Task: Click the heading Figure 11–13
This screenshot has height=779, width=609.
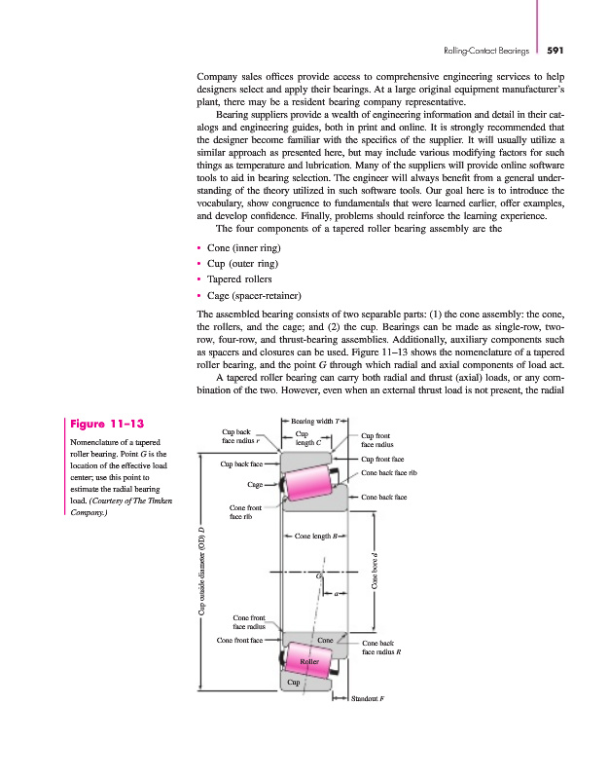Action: point(107,425)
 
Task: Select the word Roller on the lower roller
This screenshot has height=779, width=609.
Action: point(309,661)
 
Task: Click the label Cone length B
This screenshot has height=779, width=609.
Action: point(314,536)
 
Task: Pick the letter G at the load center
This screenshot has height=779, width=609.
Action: point(318,577)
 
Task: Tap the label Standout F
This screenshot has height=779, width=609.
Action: point(367,698)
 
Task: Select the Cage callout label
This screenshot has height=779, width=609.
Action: point(256,484)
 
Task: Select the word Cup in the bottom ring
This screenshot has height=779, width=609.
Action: point(293,683)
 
